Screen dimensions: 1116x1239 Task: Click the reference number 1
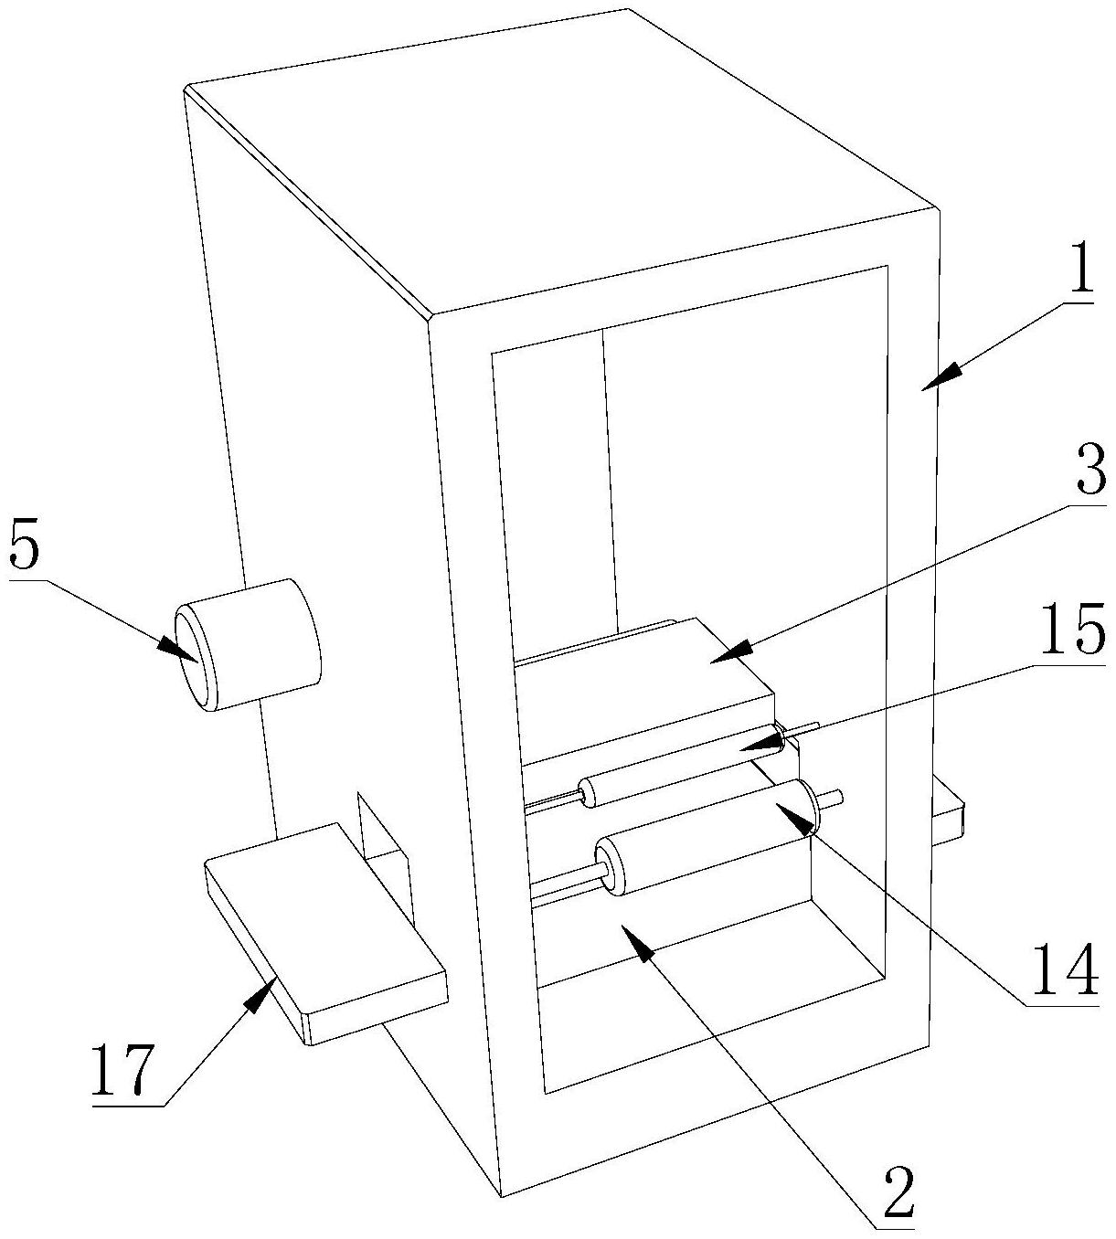1078,270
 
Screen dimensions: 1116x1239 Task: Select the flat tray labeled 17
325,933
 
